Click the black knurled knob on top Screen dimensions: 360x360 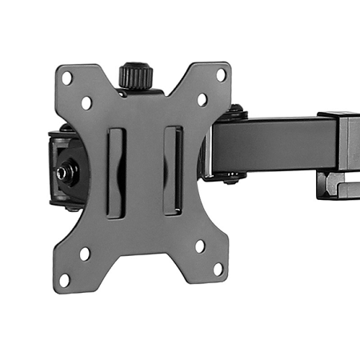pyautogui.click(x=135, y=77)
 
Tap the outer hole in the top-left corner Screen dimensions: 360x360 pyautogui.click(x=68, y=78)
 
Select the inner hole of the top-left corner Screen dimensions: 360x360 pyautogui.click(x=86, y=102)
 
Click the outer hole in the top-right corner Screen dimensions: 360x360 pyautogui.click(x=220, y=74)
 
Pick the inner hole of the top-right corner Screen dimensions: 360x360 pyautogui.click(x=202, y=99)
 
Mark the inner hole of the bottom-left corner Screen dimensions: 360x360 pyautogui.click(x=84, y=254)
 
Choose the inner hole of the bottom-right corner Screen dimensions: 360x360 pyautogui.click(x=199, y=246)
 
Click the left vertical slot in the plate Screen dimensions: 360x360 pyautogui.click(x=116, y=171)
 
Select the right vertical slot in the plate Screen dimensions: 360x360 pyautogui.click(x=172, y=170)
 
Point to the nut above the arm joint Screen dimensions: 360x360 pyautogui.click(x=237, y=110)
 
